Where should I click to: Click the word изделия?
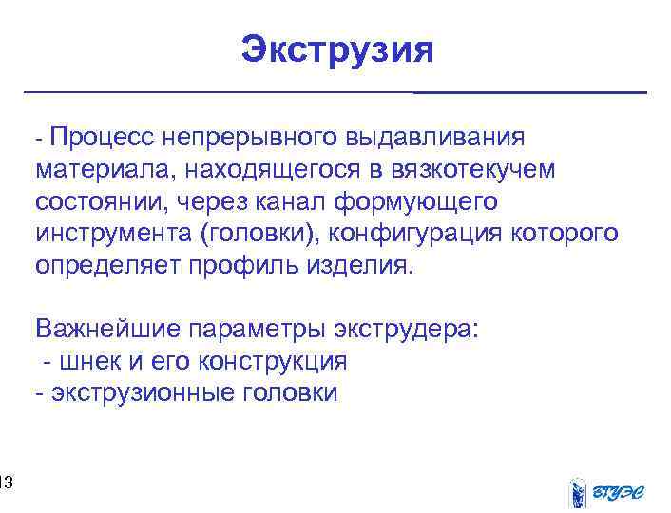pos(363,265)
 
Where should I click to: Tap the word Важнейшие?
pos(108,330)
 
